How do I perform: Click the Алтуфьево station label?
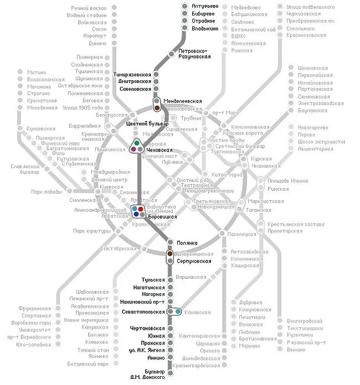coord(205,6)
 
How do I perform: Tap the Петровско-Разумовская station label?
coord(194,54)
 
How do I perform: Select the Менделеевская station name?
coord(182,101)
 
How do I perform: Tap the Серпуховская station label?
coord(193,261)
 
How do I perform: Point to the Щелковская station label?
coord(313,67)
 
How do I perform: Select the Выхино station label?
coord(296,350)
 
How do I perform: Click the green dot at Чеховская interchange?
coord(136,143)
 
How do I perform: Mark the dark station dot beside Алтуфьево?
coord(185,6)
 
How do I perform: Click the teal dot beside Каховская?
coord(177,311)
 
